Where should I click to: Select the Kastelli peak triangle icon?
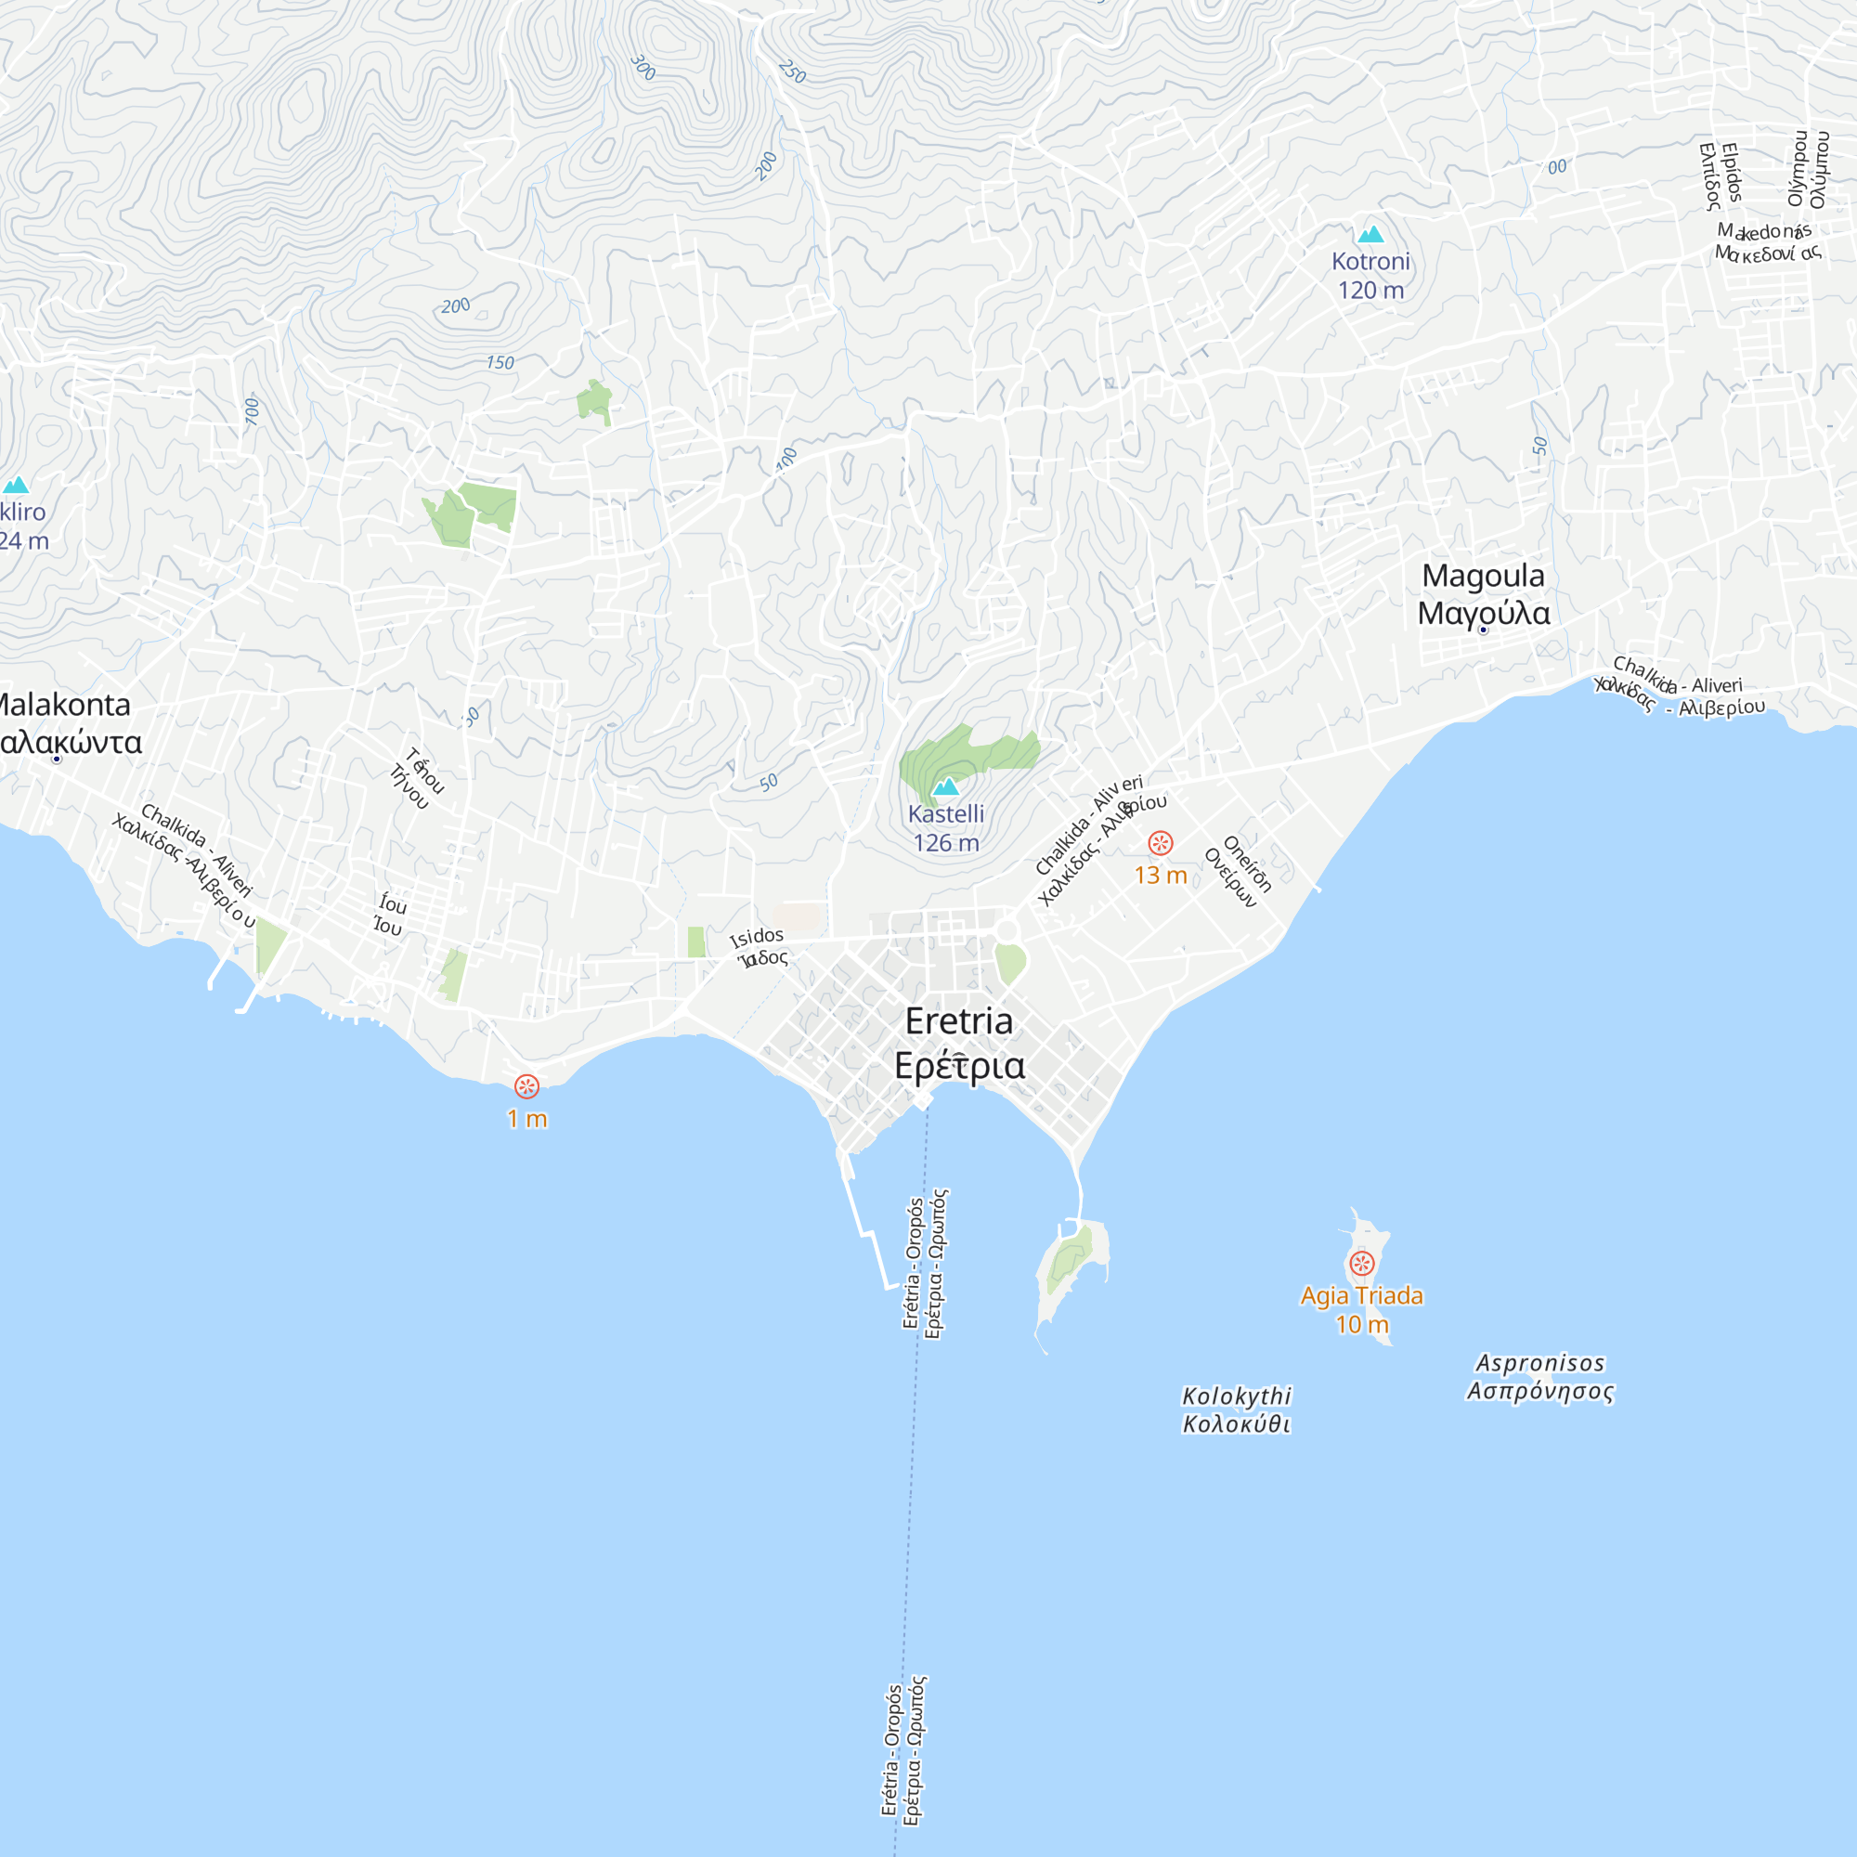click(x=946, y=787)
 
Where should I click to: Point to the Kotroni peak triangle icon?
click(x=1370, y=235)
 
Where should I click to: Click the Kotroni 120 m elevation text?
click(x=1370, y=291)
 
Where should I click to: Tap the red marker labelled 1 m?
click(x=526, y=1086)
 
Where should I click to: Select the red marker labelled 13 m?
click(x=1160, y=844)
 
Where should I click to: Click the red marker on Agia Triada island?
click(x=1361, y=1263)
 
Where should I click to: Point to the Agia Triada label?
click(x=1361, y=1295)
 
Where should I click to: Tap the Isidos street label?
click(x=758, y=936)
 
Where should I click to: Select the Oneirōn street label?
click(x=1248, y=864)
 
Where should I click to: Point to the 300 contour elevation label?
click(x=643, y=67)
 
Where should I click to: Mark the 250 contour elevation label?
click(x=792, y=71)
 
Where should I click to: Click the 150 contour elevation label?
click(x=500, y=362)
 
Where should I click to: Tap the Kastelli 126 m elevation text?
click(x=946, y=843)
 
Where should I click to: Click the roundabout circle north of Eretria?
click(x=1006, y=930)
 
